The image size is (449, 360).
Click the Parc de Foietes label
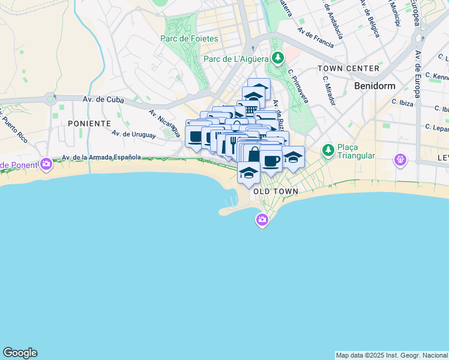pos(189,38)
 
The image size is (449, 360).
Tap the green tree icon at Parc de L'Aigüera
pos(277,58)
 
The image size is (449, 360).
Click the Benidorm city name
pos(375,86)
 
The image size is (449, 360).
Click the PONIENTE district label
pos(89,123)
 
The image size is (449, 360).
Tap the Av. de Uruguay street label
pos(133,135)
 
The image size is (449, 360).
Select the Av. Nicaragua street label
pos(164,122)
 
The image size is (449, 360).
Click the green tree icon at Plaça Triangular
pos(328,149)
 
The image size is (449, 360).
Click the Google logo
pos(20,353)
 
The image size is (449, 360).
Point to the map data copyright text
pos(391,355)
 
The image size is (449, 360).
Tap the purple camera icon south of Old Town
pos(262,220)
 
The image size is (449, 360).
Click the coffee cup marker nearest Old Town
pos(271,160)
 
